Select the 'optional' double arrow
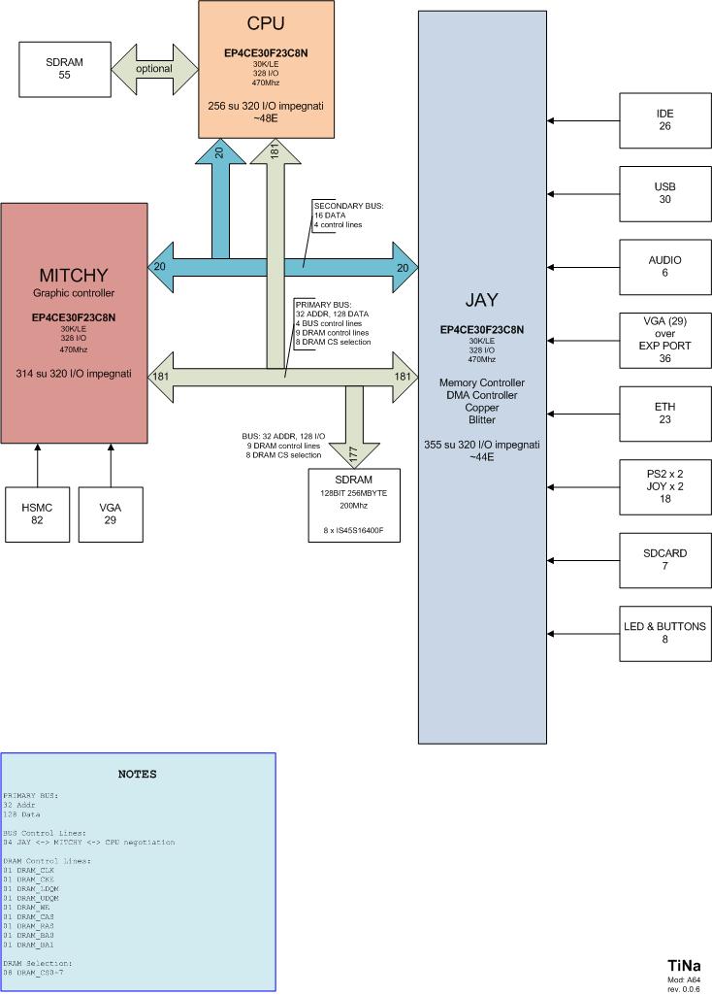(x=153, y=69)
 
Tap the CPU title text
(x=265, y=23)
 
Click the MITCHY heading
(x=74, y=275)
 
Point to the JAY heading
(x=481, y=300)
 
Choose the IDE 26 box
(x=664, y=120)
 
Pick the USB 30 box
(x=664, y=193)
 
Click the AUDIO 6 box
(x=664, y=267)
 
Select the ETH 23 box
(x=664, y=415)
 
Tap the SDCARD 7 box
(x=664, y=560)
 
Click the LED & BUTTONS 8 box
(x=664, y=633)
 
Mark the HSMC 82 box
(x=38, y=514)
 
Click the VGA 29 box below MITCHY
(x=111, y=514)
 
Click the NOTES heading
(x=137, y=775)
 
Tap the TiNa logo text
(x=684, y=966)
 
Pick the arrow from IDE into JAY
(x=583, y=120)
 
